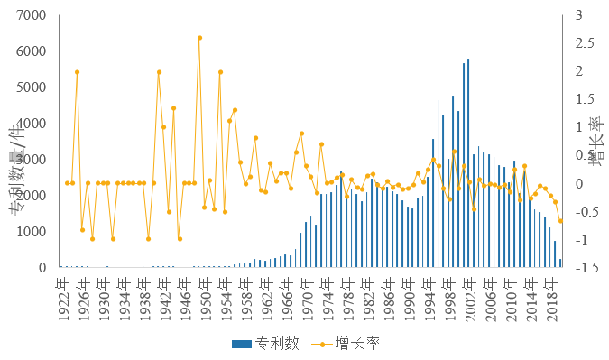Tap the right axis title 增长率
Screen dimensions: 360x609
[595, 144]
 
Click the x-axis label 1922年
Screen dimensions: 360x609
[66, 293]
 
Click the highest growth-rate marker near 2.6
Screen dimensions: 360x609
[199, 38]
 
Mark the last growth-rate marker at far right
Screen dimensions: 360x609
[560, 221]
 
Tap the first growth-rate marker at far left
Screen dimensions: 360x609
[67, 183]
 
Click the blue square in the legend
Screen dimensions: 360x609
[237, 343]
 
